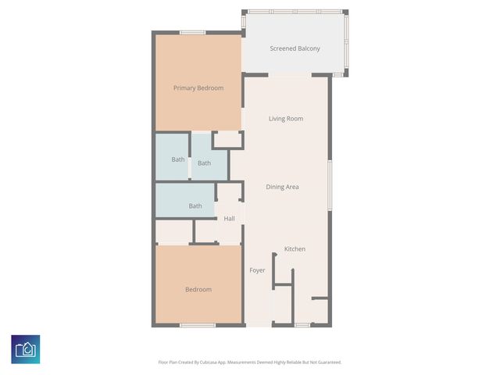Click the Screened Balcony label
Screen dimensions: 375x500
(x=295, y=48)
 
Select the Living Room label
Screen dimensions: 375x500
(x=285, y=119)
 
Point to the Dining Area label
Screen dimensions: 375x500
(x=282, y=187)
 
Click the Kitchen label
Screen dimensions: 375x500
(x=295, y=248)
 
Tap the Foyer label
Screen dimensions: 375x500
(x=257, y=270)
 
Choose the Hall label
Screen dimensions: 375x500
(x=229, y=218)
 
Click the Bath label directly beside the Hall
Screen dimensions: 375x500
(x=195, y=206)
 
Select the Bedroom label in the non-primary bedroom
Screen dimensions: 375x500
(x=198, y=290)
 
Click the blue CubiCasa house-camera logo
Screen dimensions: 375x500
(x=26, y=349)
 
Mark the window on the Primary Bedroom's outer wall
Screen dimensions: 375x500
(x=192, y=32)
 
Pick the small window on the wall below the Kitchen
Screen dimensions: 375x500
(x=302, y=325)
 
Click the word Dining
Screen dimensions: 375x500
(x=274, y=187)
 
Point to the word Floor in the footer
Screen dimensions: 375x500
(x=162, y=362)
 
